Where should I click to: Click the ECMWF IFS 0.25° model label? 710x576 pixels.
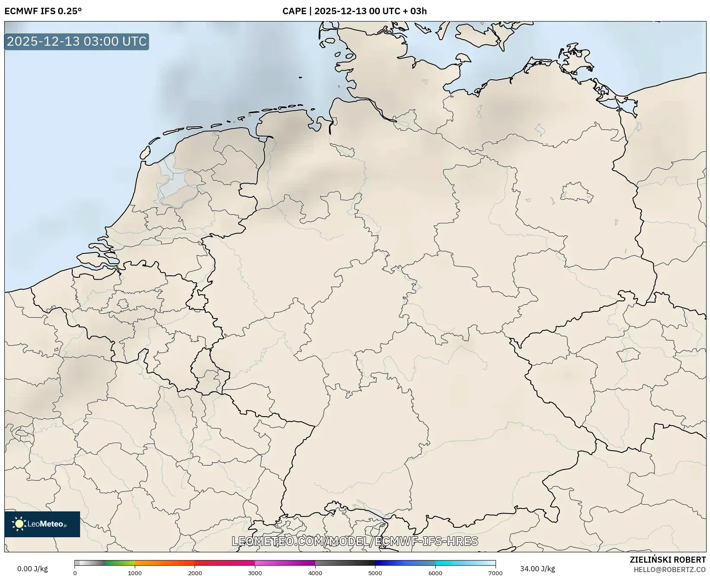point(43,11)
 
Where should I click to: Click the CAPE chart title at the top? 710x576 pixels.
point(354,11)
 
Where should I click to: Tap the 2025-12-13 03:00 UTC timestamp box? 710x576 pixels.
point(77,41)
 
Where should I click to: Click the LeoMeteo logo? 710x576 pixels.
point(42,524)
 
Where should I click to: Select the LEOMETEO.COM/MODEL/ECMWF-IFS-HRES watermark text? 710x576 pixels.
point(355,541)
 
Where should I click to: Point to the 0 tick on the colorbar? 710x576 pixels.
point(75,573)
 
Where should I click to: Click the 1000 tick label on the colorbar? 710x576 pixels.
point(135,573)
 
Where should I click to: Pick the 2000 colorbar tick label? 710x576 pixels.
point(195,573)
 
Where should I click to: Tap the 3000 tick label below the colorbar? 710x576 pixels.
point(255,573)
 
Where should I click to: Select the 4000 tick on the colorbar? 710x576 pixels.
point(315,573)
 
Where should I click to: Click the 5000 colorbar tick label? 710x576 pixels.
point(375,573)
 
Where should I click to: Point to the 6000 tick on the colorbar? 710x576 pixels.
point(435,573)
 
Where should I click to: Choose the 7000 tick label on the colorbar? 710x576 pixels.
point(495,573)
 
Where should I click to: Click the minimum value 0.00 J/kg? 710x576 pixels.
point(33,569)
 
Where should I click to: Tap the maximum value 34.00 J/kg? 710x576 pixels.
point(537,569)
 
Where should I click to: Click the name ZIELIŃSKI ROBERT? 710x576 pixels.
point(668,560)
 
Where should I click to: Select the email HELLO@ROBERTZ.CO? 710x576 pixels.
point(670,570)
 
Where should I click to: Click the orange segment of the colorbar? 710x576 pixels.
point(164,563)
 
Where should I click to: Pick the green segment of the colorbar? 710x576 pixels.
point(118,563)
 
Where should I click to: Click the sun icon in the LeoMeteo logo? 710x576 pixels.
point(19,524)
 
